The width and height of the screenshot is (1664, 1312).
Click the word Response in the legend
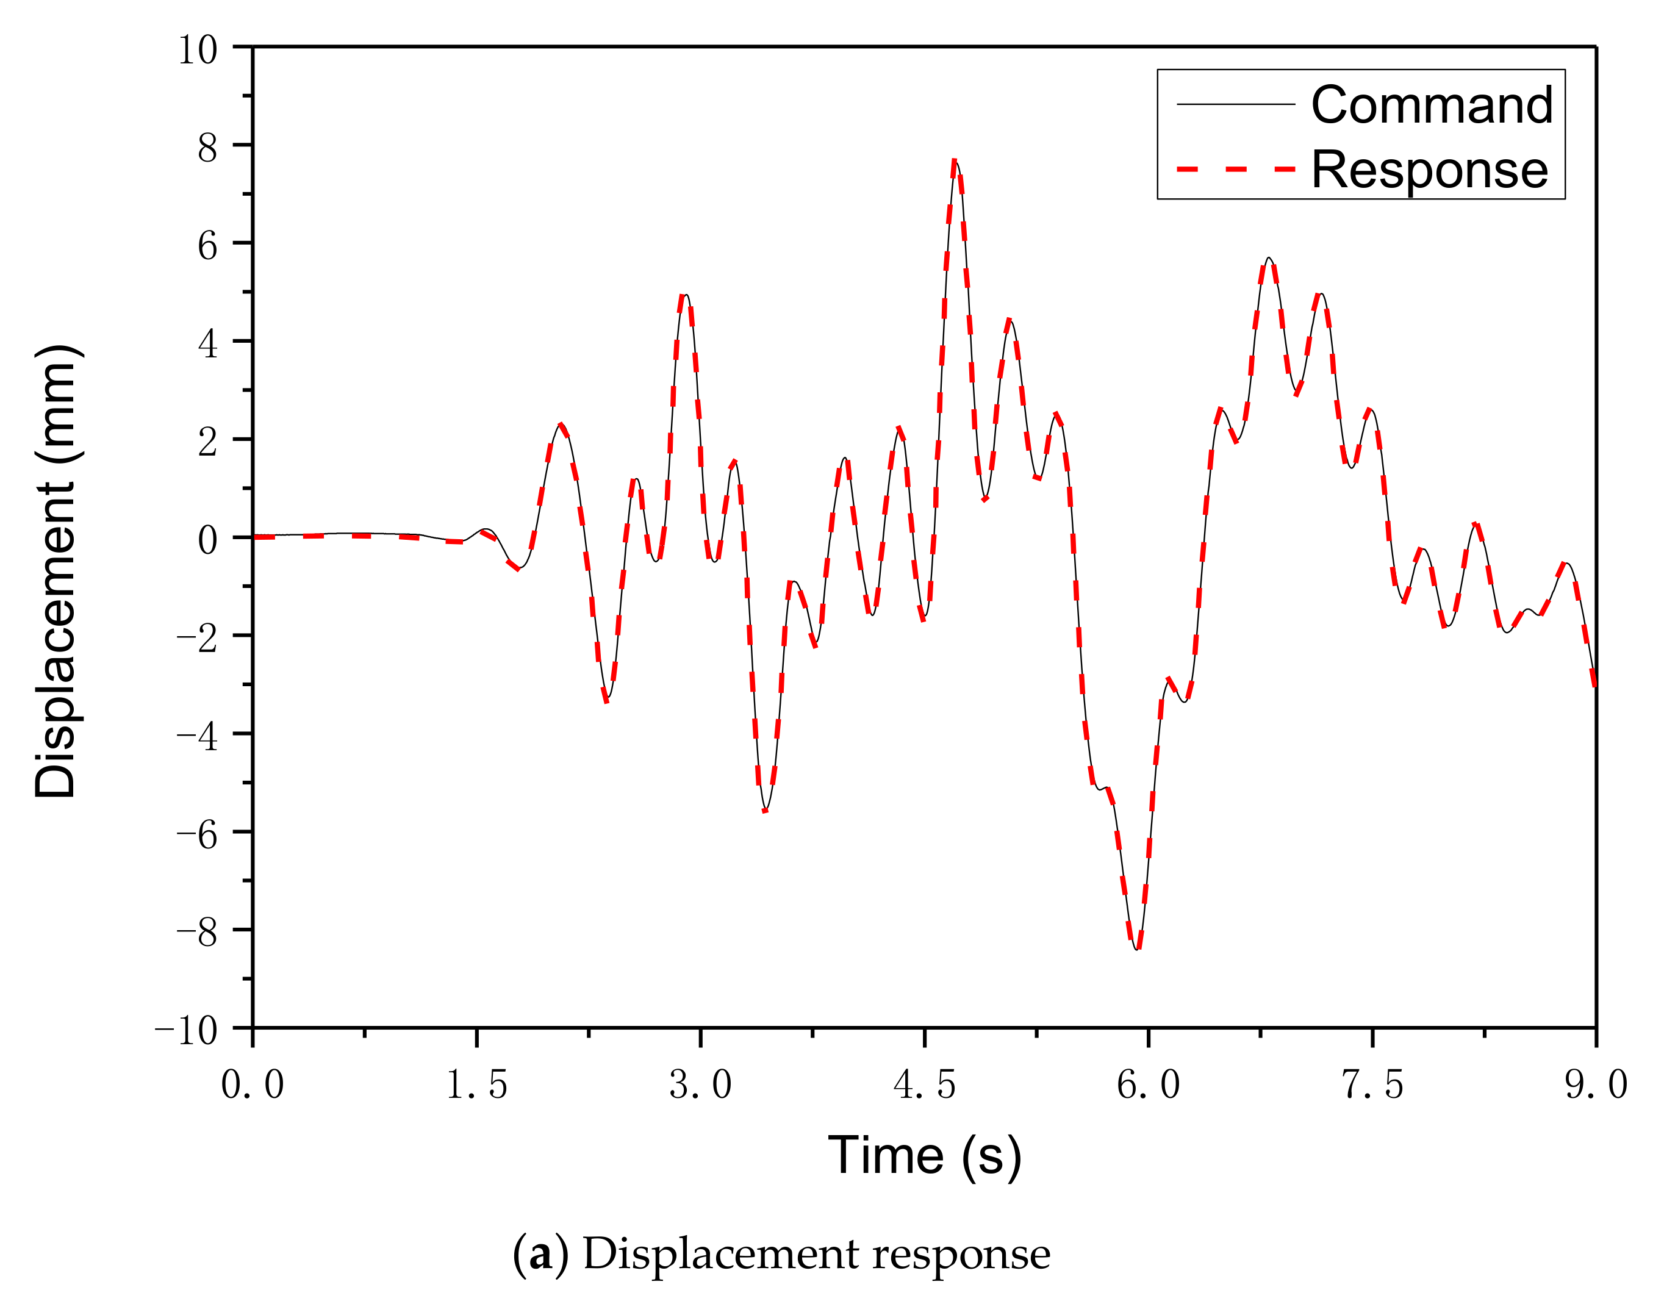(x=1430, y=170)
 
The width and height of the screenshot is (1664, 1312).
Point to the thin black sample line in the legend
(x=1235, y=104)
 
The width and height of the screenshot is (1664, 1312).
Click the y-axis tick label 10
(x=198, y=50)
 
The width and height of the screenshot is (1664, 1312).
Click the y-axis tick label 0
(x=207, y=540)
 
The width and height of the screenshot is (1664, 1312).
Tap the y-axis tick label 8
(x=207, y=148)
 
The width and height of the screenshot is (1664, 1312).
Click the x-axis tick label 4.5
(x=924, y=1085)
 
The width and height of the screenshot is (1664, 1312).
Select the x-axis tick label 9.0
(x=1596, y=1085)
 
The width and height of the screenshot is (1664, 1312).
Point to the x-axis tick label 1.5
(x=476, y=1085)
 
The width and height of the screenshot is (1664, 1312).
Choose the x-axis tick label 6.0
(x=1148, y=1085)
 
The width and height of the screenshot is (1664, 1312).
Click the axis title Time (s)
(x=924, y=1155)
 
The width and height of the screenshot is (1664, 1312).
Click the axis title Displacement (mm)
(x=56, y=572)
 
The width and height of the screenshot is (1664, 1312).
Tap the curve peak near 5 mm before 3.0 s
(x=684, y=295)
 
